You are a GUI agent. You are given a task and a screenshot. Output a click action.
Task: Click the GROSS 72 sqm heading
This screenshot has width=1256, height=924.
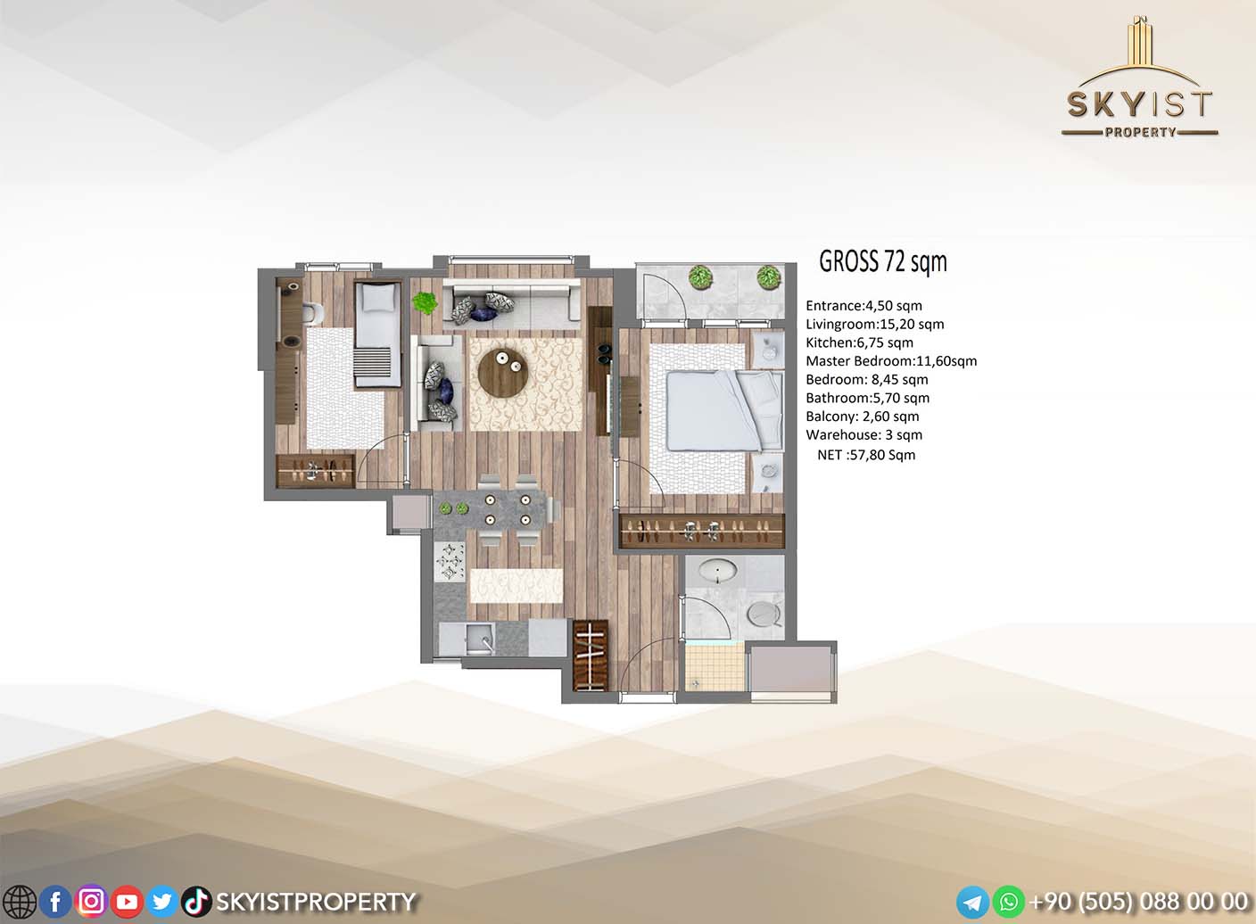click(883, 261)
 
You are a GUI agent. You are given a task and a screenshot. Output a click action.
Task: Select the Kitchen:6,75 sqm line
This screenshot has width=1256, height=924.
click(860, 342)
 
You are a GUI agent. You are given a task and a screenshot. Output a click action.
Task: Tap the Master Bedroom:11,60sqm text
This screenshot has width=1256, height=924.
click(891, 361)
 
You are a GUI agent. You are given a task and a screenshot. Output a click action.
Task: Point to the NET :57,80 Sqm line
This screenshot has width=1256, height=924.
click(866, 455)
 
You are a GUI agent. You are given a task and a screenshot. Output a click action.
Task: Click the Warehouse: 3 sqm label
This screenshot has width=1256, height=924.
click(864, 435)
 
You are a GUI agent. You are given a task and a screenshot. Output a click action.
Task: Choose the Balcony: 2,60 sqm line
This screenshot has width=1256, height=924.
click(863, 417)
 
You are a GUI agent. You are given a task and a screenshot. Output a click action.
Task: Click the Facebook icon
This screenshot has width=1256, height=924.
click(55, 902)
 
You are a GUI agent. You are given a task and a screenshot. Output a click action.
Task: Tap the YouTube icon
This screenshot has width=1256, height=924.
click(127, 902)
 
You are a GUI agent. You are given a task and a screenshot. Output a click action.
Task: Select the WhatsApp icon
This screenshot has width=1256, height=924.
click(1009, 902)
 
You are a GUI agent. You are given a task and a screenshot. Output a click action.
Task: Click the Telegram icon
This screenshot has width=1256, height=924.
click(973, 902)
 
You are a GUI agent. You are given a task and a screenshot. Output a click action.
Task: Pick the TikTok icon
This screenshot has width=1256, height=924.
click(196, 902)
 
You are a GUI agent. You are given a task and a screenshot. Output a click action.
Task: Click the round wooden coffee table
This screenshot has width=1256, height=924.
click(501, 374)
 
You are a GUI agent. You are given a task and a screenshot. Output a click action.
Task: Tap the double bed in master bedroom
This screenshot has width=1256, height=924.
click(724, 411)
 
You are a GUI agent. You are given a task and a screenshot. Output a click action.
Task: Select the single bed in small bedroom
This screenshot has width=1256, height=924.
click(378, 334)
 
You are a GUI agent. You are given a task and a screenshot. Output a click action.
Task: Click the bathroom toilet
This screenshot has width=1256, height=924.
click(764, 614)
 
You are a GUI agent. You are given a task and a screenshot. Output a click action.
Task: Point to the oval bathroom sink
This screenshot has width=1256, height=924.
click(718, 573)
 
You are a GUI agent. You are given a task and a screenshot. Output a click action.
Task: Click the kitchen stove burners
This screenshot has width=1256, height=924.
click(450, 561)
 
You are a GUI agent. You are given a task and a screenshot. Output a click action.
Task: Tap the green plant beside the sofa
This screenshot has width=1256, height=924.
click(425, 302)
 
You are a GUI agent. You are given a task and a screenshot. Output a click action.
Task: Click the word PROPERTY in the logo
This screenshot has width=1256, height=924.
click(1140, 132)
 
